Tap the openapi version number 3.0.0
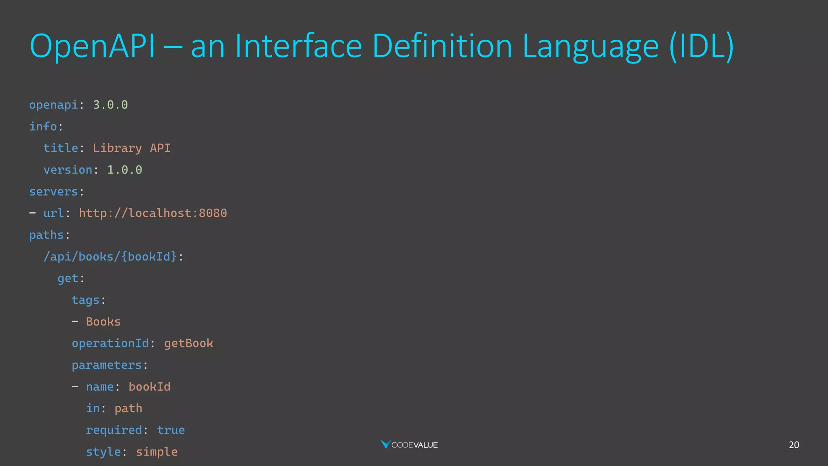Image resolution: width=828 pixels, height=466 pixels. pyautogui.click(x=110, y=105)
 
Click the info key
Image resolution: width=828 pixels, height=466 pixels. pyautogui.click(x=43, y=127)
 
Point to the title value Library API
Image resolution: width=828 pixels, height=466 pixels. pyautogui.click(x=131, y=148)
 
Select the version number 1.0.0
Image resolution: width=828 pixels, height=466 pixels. pyautogui.click(x=125, y=170)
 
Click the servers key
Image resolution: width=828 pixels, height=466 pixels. pyautogui.click(x=53, y=191)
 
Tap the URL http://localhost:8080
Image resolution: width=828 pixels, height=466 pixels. pyautogui.click(x=153, y=213)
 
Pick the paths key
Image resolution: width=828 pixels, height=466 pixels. pyautogui.click(x=46, y=235)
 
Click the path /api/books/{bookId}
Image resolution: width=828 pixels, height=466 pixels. pyautogui.click(x=110, y=256)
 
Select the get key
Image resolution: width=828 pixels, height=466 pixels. pyautogui.click(x=68, y=278)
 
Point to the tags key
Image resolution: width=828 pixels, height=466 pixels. pyautogui.click(x=85, y=300)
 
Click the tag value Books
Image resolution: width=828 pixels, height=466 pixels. pyautogui.click(x=103, y=322)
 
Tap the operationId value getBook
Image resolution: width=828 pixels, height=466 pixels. pyautogui.click(x=188, y=343)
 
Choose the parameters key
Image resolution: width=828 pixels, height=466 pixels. pyautogui.click(x=107, y=365)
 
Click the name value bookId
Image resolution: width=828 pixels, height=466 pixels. pyautogui.click(x=149, y=387)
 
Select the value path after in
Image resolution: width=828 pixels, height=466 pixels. pyautogui.click(x=128, y=409)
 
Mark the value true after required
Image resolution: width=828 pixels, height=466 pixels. pyautogui.click(x=171, y=430)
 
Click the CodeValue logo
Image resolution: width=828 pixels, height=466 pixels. pyautogui.click(x=409, y=445)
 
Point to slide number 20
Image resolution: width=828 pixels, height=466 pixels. pyautogui.click(x=794, y=445)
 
